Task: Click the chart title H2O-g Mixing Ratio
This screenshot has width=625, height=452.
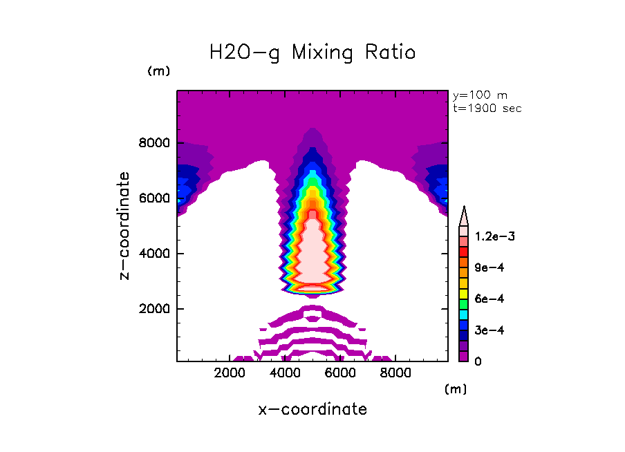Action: (x=312, y=53)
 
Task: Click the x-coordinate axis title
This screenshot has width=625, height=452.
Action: (x=312, y=409)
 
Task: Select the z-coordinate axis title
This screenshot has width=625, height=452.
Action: (x=124, y=226)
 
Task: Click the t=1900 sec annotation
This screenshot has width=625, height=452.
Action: (x=487, y=109)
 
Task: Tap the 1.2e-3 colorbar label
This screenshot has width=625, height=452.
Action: (x=490, y=236)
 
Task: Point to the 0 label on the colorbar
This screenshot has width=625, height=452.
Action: (x=478, y=361)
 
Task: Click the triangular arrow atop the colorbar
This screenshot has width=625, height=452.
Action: (x=465, y=216)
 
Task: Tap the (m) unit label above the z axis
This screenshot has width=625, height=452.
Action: (x=158, y=71)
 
